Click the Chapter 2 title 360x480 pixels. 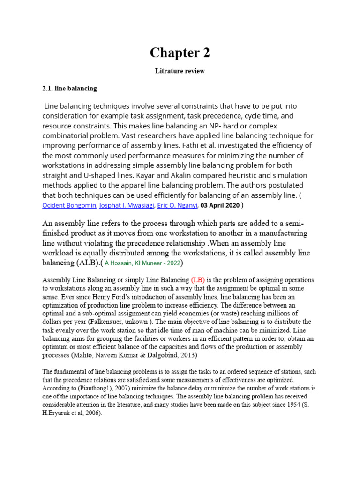pyautogui.click(x=180, y=53)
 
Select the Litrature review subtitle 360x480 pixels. pyautogui.click(x=180, y=71)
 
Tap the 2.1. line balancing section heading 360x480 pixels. pyautogui.click(x=69, y=88)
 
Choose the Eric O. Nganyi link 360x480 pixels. pyautogui.click(x=177, y=205)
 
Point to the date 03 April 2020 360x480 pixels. pyautogui.click(x=220, y=205)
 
